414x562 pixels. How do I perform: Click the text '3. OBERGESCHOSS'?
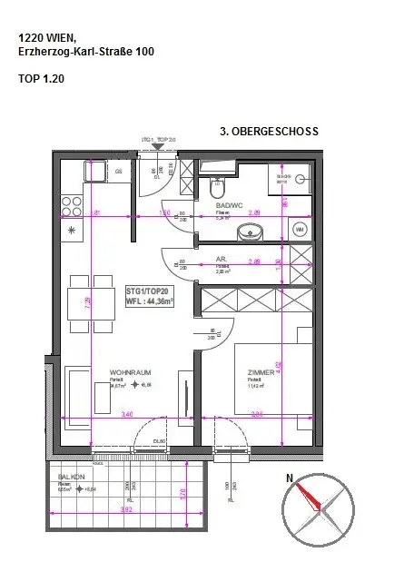(x=270, y=132)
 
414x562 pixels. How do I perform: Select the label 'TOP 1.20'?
(x=41, y=79)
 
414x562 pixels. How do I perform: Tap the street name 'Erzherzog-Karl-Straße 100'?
(x=86, y=53)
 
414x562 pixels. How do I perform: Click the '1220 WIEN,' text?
(x=47, y=38)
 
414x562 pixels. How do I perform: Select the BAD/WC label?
(x=229, y=205)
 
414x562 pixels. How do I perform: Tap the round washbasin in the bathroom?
(x=250, y=233)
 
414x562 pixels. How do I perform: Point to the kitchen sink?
(x=95, y=171)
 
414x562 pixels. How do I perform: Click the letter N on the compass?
(x=290, y=478)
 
